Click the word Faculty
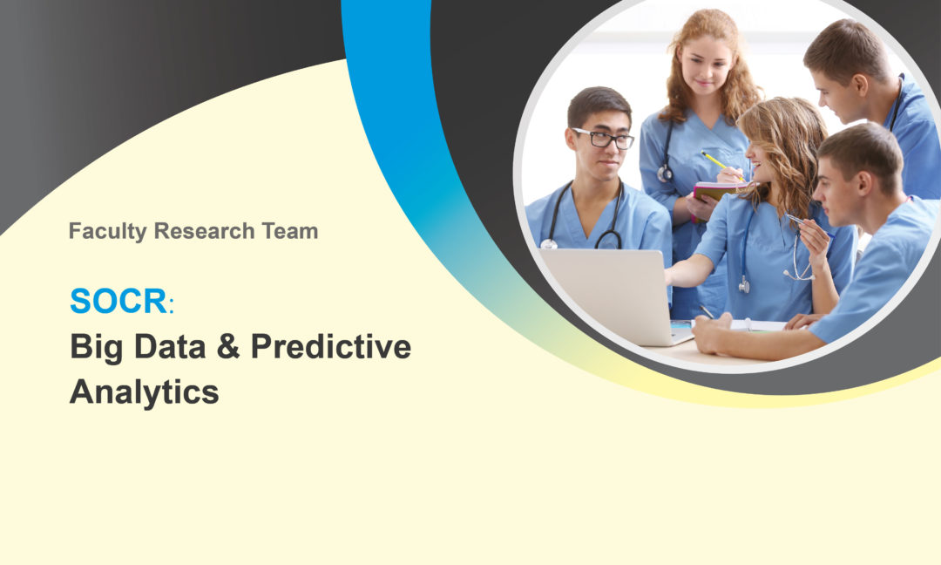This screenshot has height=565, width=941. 107,232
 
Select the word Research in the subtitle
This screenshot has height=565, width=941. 205,231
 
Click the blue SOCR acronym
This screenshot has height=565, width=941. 118,301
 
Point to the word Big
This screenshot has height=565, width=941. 96,348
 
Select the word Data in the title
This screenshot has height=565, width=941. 170,346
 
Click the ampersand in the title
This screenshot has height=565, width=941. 228,346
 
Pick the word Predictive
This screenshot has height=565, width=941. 331,346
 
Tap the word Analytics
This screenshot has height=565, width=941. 144,393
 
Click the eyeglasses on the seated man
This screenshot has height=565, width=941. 603,139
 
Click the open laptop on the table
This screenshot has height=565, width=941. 616,295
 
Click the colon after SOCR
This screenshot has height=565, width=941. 172,305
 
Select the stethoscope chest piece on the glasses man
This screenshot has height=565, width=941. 549,244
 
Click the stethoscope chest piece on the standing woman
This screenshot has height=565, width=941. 664,174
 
